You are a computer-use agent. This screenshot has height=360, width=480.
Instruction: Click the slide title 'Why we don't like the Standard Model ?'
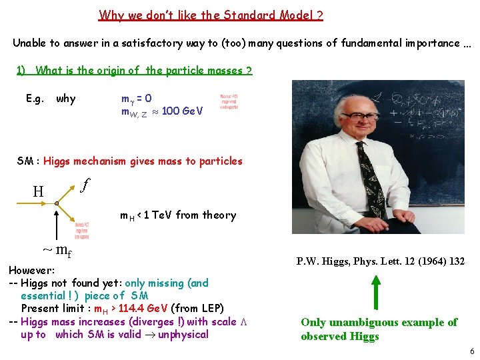click(x=211, y=15)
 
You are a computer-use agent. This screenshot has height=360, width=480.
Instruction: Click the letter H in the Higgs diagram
click(x=39, y=192)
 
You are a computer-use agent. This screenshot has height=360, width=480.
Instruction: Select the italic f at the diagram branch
click(x=85, y=183)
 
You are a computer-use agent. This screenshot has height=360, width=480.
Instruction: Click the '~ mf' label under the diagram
click(x=57, y=251)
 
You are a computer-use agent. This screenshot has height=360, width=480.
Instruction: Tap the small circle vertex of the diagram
click(x=57, y=203)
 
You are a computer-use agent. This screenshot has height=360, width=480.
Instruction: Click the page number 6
click(x=471, y=351)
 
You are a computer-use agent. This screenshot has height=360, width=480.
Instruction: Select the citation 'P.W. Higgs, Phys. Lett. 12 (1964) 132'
click(x=380, y=261)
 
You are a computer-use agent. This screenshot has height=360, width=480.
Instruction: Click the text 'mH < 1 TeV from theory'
click(x=178, y=215)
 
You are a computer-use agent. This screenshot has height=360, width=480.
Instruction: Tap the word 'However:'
click(x=31, y=271)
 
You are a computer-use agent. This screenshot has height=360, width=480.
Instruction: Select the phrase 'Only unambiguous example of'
click(x=379, y=323)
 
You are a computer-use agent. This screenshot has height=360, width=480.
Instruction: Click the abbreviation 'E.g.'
click(x=35, y=99)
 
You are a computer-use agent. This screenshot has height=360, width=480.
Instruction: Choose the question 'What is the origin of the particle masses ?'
click(x=143, y=71)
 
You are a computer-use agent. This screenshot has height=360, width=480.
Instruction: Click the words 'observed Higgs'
click(x=339, y=336)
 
